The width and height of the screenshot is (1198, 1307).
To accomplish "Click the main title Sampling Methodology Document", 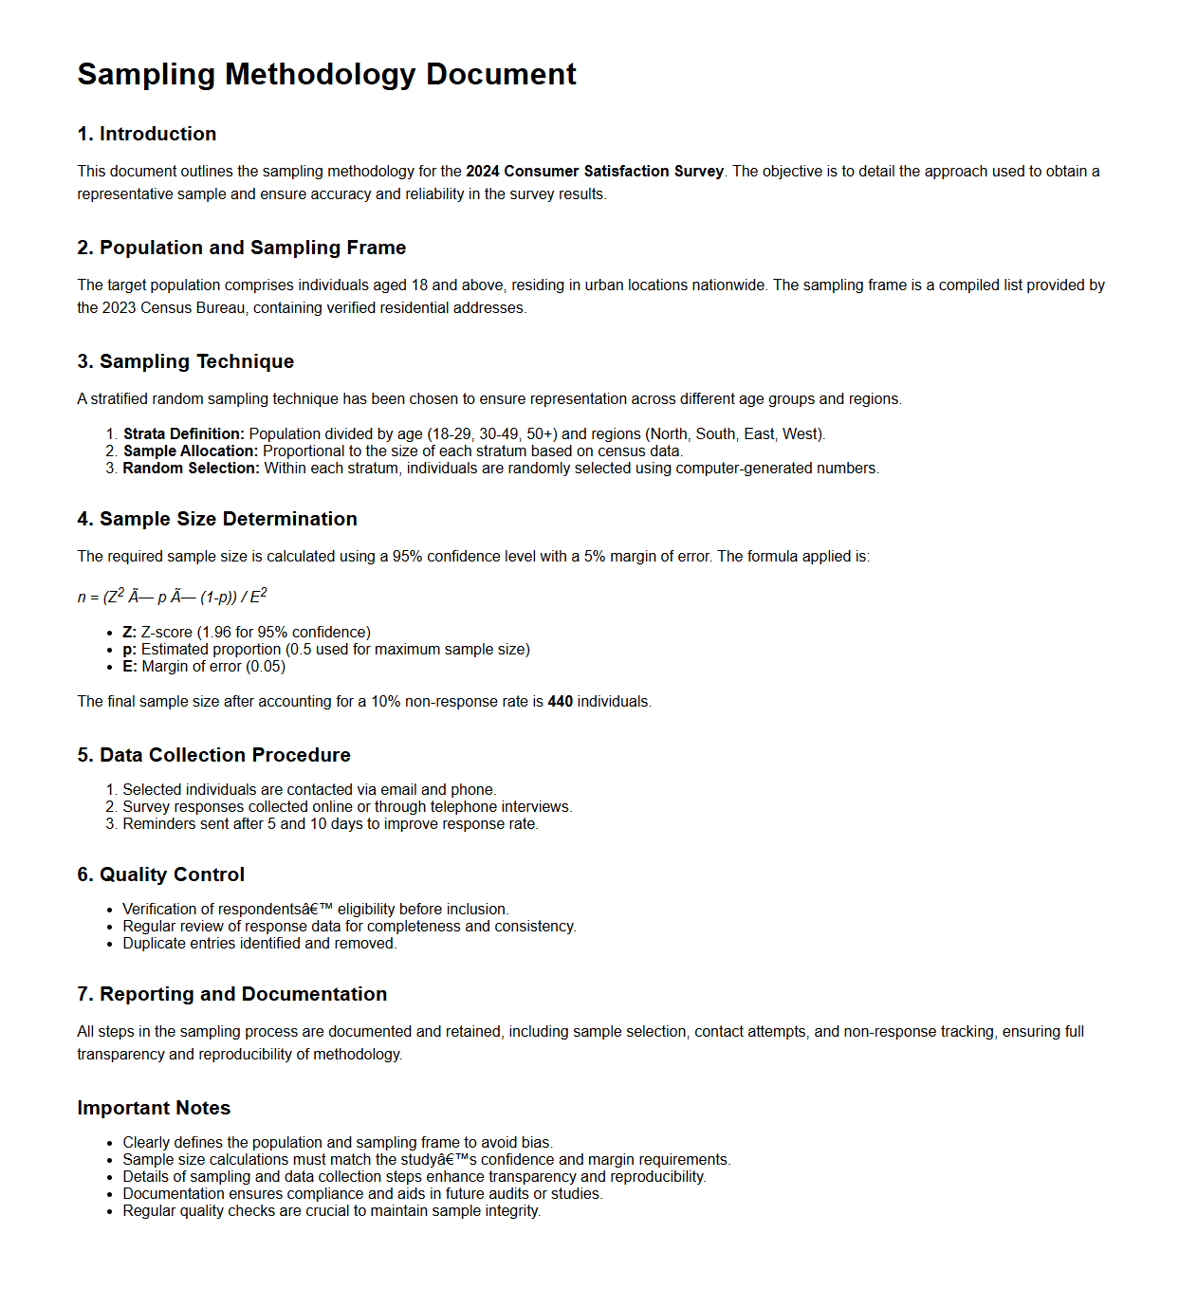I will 326,74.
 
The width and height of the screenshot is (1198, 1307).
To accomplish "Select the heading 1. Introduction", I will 147,134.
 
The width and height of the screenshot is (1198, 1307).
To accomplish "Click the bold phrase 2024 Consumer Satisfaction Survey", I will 594,172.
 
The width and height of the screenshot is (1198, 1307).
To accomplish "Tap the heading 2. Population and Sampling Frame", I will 241,248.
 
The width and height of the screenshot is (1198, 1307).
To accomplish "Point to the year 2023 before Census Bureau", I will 119,308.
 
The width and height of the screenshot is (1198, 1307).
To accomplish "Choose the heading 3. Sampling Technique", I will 185,361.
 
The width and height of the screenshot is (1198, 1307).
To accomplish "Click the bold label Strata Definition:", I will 184,434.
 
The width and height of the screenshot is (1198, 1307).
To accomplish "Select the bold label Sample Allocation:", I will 190,451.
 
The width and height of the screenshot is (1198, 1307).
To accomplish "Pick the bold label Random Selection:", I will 191,469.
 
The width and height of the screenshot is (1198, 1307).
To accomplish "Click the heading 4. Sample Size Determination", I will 217,519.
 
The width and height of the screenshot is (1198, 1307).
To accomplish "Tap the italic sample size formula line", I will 172,597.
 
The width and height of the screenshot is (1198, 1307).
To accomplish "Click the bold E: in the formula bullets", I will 130,667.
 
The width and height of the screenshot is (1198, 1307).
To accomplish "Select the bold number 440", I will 560,702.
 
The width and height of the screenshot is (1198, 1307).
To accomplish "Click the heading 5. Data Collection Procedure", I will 213,755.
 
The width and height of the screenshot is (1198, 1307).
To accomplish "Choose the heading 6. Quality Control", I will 160,874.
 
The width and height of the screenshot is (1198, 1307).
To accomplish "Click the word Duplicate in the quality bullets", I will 153,944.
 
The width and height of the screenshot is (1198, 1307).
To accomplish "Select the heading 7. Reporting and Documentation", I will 231,994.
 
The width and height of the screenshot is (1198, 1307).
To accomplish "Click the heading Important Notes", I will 154,1108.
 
